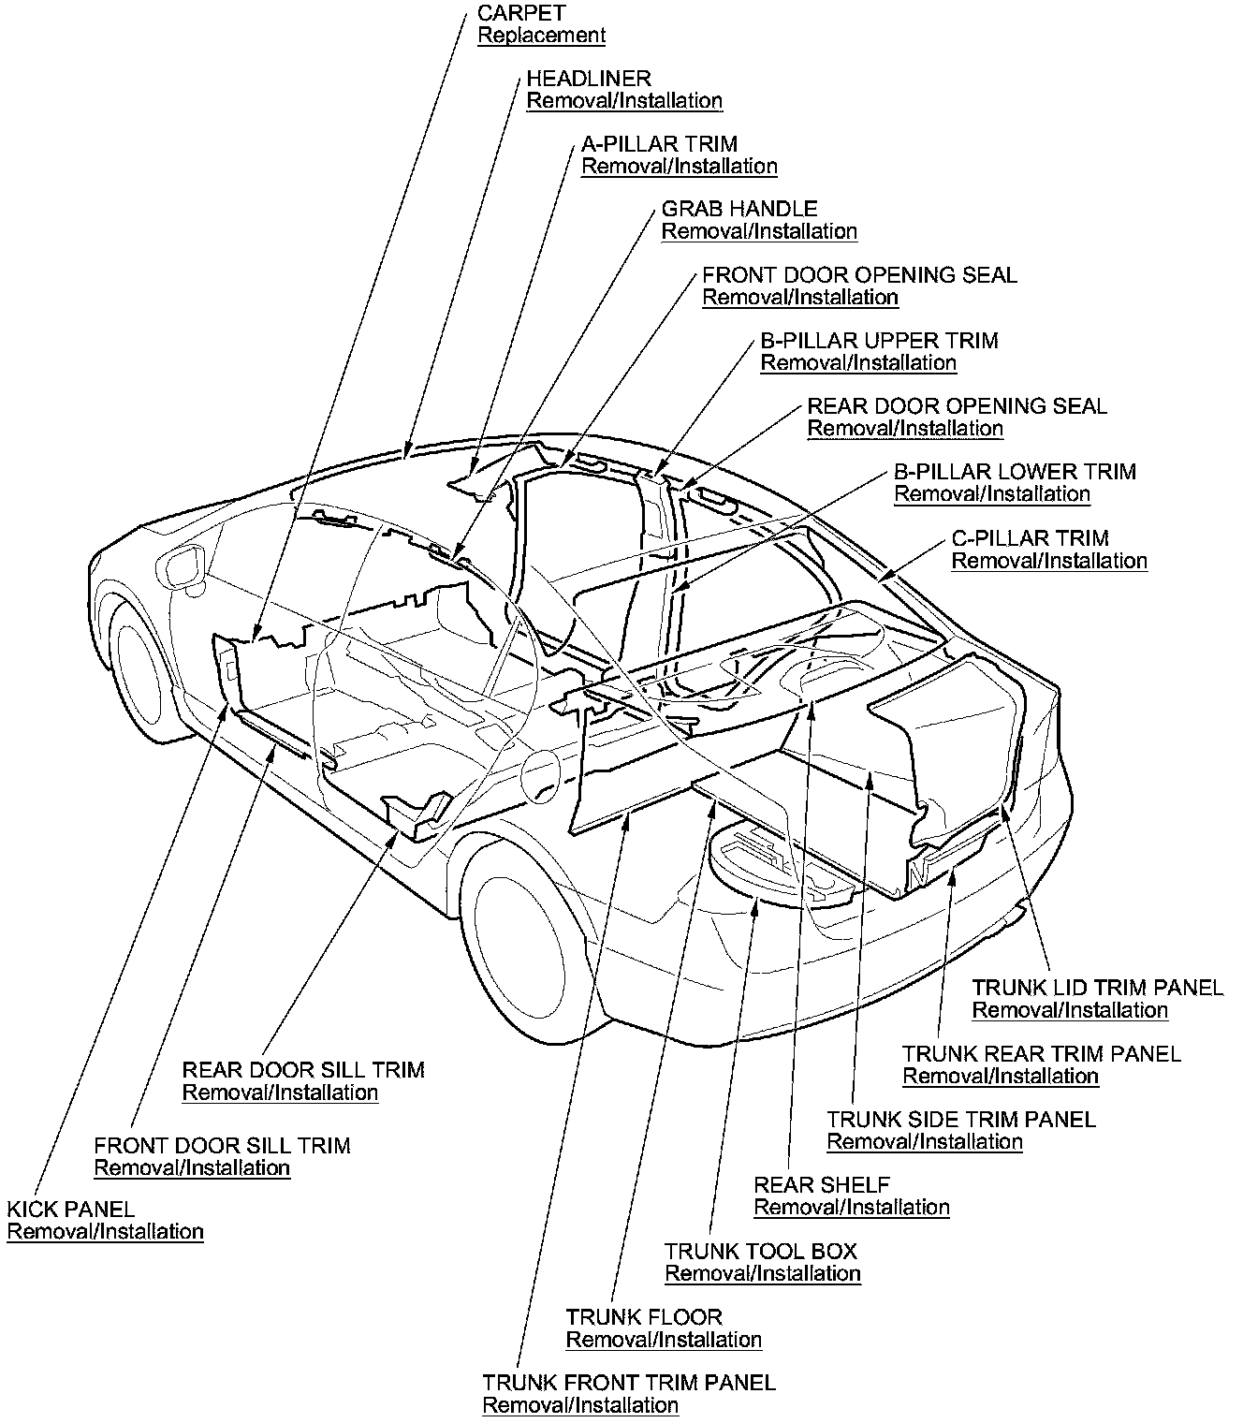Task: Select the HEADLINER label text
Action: (x=589, y=79)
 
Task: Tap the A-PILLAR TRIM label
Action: (x=659, y=144)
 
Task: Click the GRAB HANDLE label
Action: (x=739, y=209)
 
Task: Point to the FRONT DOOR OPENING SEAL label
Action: (x=859, y=275)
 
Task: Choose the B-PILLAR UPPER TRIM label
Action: (x=879, y=341)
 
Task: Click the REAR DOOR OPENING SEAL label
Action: (x=957, y=406)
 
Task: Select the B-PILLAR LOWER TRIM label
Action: (x=1015, y=472)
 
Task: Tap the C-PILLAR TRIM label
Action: (x=1030, y=538)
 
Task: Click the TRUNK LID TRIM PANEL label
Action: (x=1097, y=988)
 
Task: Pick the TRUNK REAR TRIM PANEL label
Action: (x=1042, y=1054)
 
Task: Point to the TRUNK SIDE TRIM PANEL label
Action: (x=961, y=1119)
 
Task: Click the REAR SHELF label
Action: (x=822, y=1185)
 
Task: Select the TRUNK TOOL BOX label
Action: (x=761, y=1252)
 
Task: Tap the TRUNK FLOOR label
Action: (x=644, y=1317)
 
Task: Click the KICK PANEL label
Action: (x=71, y=1210)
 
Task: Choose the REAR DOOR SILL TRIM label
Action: (x=303, y=1070)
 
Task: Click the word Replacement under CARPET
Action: (x=541, y=36)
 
